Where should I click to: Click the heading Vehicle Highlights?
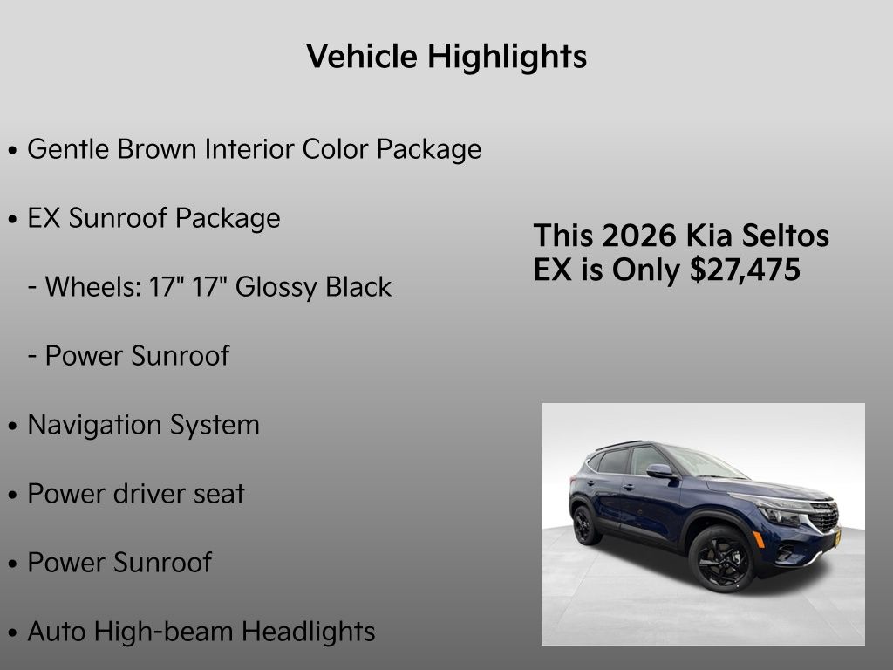[446, 57]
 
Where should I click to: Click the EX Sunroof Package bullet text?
[153, 218]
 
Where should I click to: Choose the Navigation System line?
[143, 425]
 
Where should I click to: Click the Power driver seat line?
[136, 494]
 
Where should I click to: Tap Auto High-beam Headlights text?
[201, 632]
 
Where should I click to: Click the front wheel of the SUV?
[722, 558]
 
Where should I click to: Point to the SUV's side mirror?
[659, 471]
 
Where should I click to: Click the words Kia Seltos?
[758, 236]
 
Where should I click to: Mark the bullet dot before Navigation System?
[12, 427]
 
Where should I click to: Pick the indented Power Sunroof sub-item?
[137, 356]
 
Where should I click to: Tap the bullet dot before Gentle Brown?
[12, 151]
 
